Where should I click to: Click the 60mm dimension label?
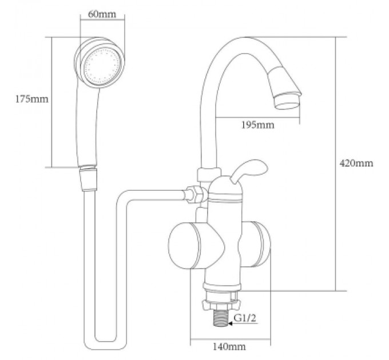pyautogui.click(x=102, y=14)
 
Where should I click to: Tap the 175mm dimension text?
pyautogui.click(x=32, y=99)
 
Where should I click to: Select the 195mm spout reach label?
pyautogui.click(x=258, y=125)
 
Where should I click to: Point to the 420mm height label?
pyautogui.click(x=356, y=163)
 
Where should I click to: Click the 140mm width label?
pyautogui.click(x=229, y=346)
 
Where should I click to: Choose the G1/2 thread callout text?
pyautogui.click(x=245, y=318)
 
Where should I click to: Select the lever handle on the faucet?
pyautogui.click(x=249, y=171)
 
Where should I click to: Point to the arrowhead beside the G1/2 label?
pyautogui.click(x=231, y=323)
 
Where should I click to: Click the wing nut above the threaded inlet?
pyautogui.click(x=221, y=305)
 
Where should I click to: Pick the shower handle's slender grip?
pyautogui.click(x=88, y=126)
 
